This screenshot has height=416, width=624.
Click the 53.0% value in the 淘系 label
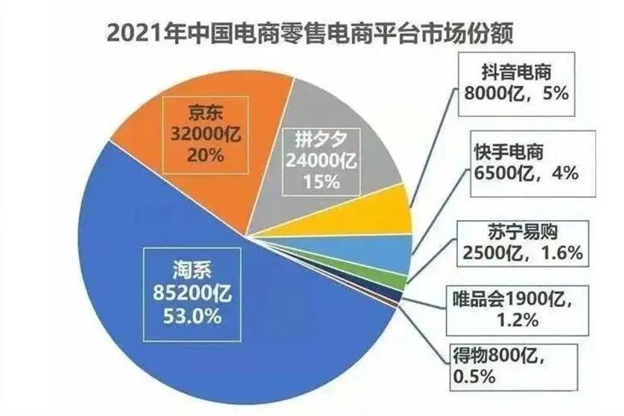[x=191, y=316]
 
